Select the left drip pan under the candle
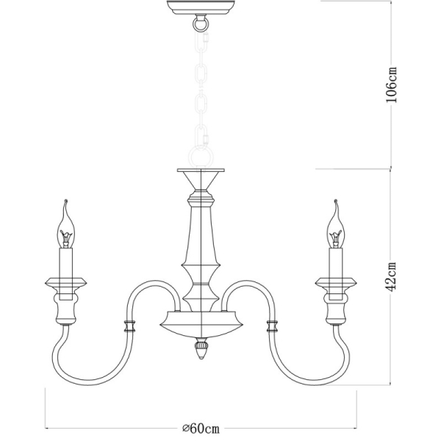(x=67, y=282)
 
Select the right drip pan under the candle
(x=336, y=282)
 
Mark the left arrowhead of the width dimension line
(x=48, y=429)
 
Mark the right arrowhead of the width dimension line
(x=356, y=429)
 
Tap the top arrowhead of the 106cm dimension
(x=390, y=3)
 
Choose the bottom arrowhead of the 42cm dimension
(x=390, y=386)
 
